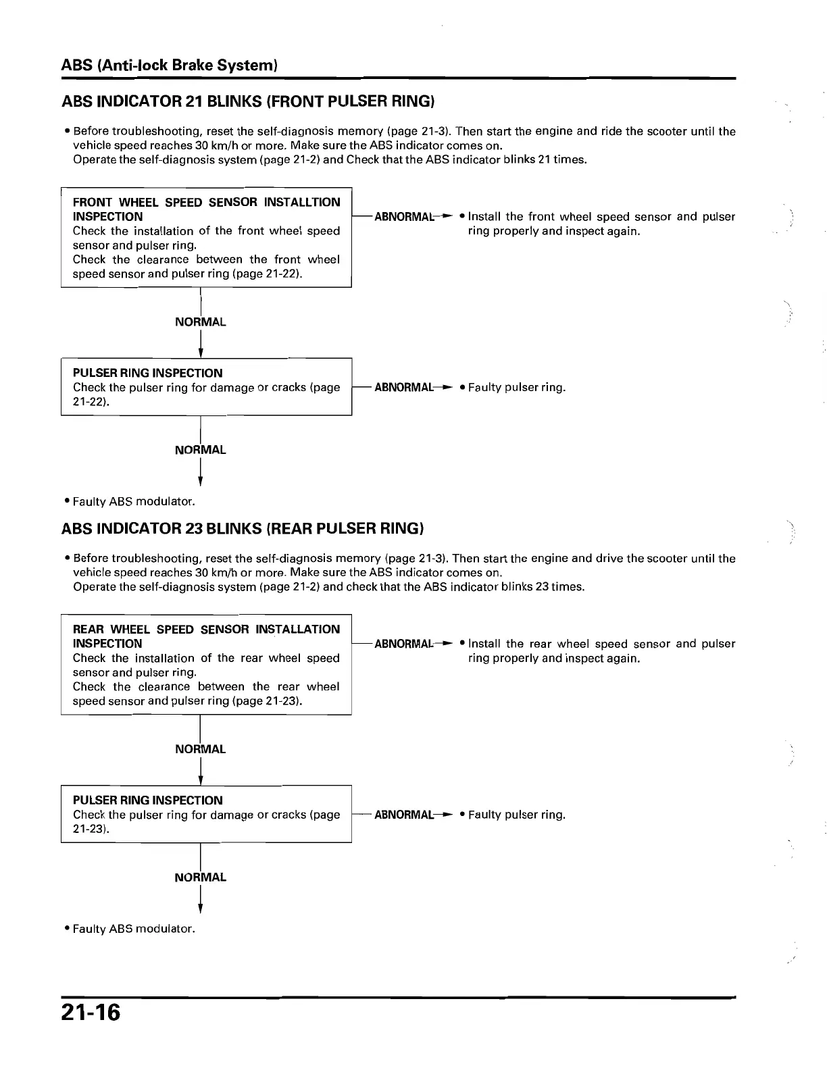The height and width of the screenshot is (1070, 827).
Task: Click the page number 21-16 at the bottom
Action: tap(91, 1013)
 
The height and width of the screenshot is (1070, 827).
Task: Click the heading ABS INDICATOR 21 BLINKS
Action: tap(247, 102)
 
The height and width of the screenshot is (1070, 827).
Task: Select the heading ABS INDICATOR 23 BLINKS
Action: tap(243, 528)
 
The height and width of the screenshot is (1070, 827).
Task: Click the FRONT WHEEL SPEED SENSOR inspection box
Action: tap(206, 238)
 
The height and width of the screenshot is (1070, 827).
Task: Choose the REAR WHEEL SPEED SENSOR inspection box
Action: tap(206, 665)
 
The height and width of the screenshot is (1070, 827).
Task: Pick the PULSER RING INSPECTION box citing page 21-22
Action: tap(206, 387)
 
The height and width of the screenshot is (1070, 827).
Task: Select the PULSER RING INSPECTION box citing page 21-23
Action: tap(206, 814)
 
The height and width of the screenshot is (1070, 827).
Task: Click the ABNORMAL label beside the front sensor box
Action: tap(403, 217)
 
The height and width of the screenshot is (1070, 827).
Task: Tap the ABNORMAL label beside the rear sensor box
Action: tap(403, 644)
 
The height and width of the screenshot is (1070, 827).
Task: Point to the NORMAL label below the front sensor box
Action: tap(200, 322)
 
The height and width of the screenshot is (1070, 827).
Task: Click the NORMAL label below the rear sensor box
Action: tap(200, 749)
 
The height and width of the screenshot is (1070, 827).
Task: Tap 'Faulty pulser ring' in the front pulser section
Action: tap(516, 388)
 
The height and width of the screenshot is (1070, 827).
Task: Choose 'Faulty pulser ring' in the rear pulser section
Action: tap(516, 815)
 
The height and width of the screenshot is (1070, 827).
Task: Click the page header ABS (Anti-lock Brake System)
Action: tap(170, 66)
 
